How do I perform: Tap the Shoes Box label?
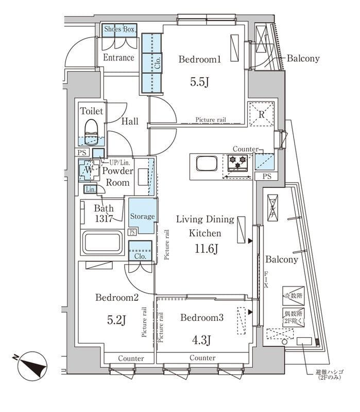[x=119, y=29]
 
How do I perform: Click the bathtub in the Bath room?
[x=103, y=242]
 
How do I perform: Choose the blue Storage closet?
[x=142, y=217]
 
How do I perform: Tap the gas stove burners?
[x=238, y=162]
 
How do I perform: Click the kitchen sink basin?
[x=206, y=165]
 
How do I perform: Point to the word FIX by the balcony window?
[x=266, y=279]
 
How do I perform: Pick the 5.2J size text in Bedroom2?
[x=116, y=320]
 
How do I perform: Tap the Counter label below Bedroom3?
[x=202, y=358]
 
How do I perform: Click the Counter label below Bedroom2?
[x=130, y=358]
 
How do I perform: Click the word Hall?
[x=130, y=122]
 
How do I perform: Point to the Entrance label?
[x=119, y=58]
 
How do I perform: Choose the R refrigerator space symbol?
[x=262, y=114]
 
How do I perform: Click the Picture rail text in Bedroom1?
[x=211, y=120]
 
